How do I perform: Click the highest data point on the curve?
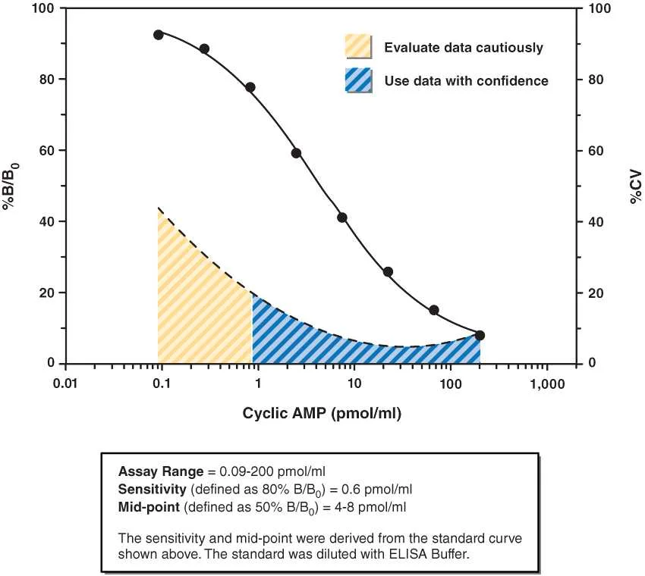pyautogui.click(x=159, y=35)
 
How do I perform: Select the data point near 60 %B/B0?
pyautogui.click(x=296, y=153)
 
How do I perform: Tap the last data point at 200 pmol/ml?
pyautogui.click(x=480, y=335)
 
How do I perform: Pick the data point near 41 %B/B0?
pyautogui.click(x=341, y=218)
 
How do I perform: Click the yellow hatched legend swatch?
pyautogui.click(x=359, y=46)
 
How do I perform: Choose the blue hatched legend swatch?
pyautogui.click(x=359, y=80)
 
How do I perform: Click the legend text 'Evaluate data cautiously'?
pyautogui.click(x=464, y=48)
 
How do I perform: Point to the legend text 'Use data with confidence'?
pyautogui.click(x=467, y=80)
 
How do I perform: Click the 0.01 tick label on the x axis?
pyautogui.click(x=65, y=383)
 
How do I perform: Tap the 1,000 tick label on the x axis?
pyautogui.click(x=547, y=384)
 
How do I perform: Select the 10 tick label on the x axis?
pyautogui.click(x=354, y=383)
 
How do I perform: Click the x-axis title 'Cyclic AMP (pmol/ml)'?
pyautogui.click(x=322, y=413)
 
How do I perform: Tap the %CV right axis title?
pyautogui.click(x=636, y=186)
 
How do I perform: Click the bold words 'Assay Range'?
pyautogui.click(x=160, y=471)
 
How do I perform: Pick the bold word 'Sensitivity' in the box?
pyautogui.click(x=153, y=489)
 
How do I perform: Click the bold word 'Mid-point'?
pyautogui.click(x=149, y=507)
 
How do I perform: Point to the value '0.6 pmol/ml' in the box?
pyautogui.click(x=377, y=489)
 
